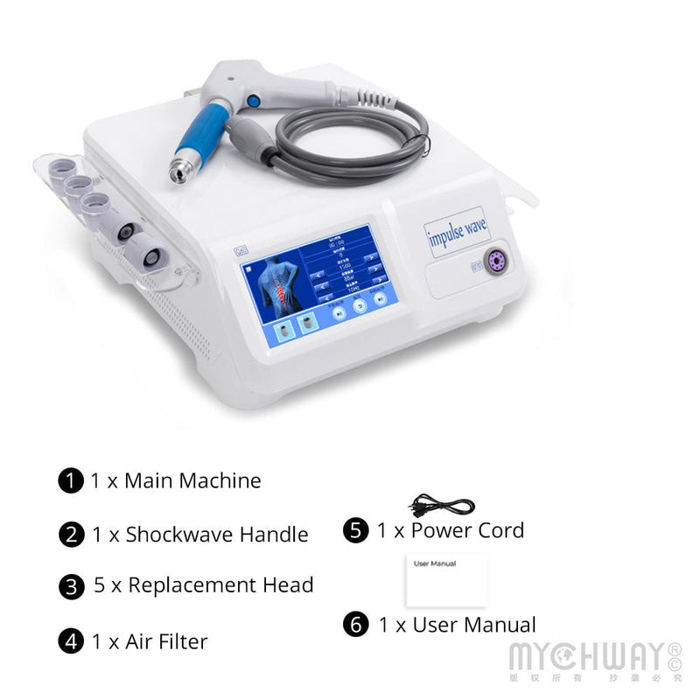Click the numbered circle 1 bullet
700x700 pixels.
(x=71, y=480)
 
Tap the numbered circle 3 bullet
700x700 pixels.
(x=71, y=586)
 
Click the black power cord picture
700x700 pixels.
(x=442, y=506)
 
